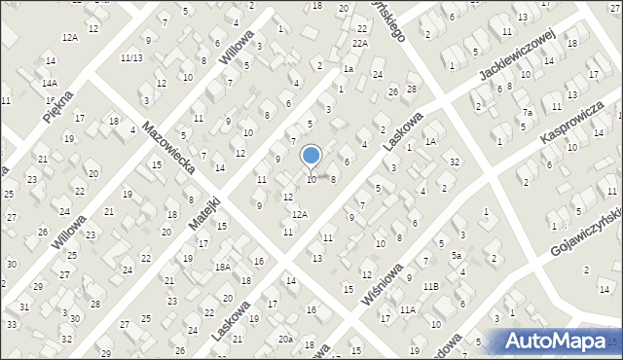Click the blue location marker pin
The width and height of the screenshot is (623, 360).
pyautogui.click(x=311, y=157)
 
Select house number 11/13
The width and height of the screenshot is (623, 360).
pyautogui.click(x=131, y=58)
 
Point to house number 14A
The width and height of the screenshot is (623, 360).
pyautogui.click(x=50, y=84)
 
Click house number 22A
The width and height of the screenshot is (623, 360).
pyautogui.click(x=360, y=44)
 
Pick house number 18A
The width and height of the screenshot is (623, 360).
pyautogui.click(x=222, y=267)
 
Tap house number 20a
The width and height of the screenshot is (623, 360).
pyautogui.click(x=284, y=339)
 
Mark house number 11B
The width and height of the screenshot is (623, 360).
pyautogui.click(x=431, y=286)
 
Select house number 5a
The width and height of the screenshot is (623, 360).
pyautogui.click(x=456, y=256)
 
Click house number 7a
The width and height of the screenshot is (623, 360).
pyautogui.click(x=527, y=113)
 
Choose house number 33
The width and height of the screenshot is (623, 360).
pyautogui.click(x=12, y=323)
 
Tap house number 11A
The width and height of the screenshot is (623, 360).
pyautogui.click(x=407, y=309)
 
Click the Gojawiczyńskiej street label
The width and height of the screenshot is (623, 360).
pyautogui.click(x=572, y=237)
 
